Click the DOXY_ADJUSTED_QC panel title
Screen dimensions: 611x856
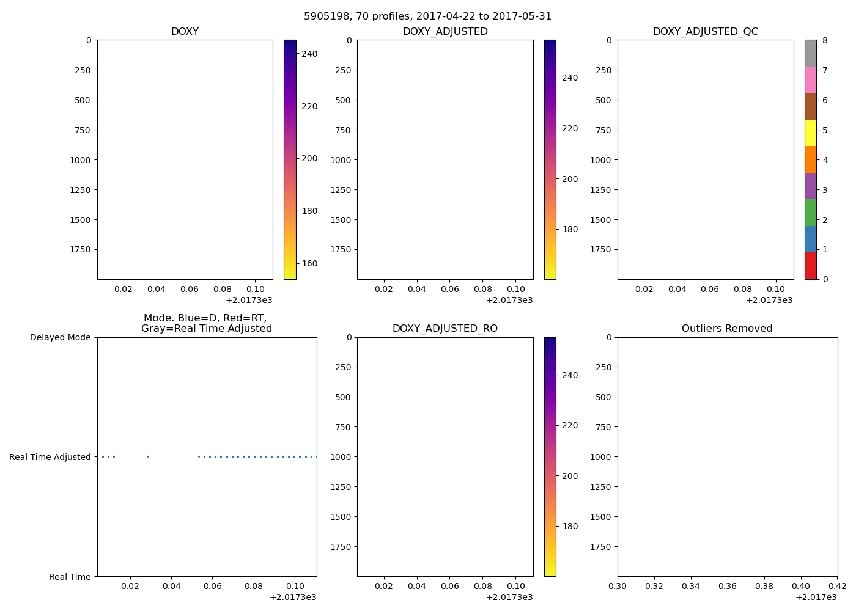[x=705, y=32]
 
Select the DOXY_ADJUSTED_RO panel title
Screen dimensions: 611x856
[x=445, y=329]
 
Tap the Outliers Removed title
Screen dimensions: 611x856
[x=727, y=329]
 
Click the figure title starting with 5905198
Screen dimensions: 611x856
[x=427, y=16]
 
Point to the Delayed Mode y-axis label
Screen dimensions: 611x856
[x=60, y=337]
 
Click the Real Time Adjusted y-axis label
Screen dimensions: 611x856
[x=50, y=457]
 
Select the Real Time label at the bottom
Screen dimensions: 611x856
[x=70, y=577]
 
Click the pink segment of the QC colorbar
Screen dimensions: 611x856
[x=810, y=80]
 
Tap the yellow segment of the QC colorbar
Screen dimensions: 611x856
[x=810, y=133]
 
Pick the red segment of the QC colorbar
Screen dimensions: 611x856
[x=810, y=266]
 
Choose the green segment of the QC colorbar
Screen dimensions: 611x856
[x=810, y=213]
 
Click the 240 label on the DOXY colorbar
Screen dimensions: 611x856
[x=309, y=54]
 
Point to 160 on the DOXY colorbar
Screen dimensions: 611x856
[x=309, y=263]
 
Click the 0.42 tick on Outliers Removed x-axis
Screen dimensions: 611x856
[x=837, y=586]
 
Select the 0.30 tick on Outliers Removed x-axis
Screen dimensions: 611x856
[x=618, y=586]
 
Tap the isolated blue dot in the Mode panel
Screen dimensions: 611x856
[x=148, y=456]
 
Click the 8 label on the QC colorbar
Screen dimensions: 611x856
[x=825, y=40]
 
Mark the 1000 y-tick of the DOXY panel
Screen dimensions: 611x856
[x=80, y=160]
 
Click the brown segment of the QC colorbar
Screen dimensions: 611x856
[x=810, y=106]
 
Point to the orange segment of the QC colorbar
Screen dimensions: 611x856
[x=810, y=159]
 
